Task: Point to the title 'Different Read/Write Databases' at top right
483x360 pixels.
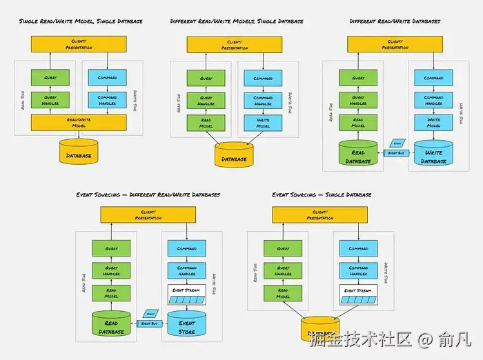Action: click(395, 21)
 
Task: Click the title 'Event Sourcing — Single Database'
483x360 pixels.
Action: click(322, 195)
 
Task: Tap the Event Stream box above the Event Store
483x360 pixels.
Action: click(186, 294)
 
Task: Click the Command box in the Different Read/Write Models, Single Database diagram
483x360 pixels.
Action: click(263, 79)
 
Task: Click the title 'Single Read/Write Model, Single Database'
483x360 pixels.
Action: click(81, 21)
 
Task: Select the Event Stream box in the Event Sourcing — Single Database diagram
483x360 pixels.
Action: click(358, 294)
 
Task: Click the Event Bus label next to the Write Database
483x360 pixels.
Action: click(395, 152)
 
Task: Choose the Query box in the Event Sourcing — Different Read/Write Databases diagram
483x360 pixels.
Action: click(111, 248)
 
